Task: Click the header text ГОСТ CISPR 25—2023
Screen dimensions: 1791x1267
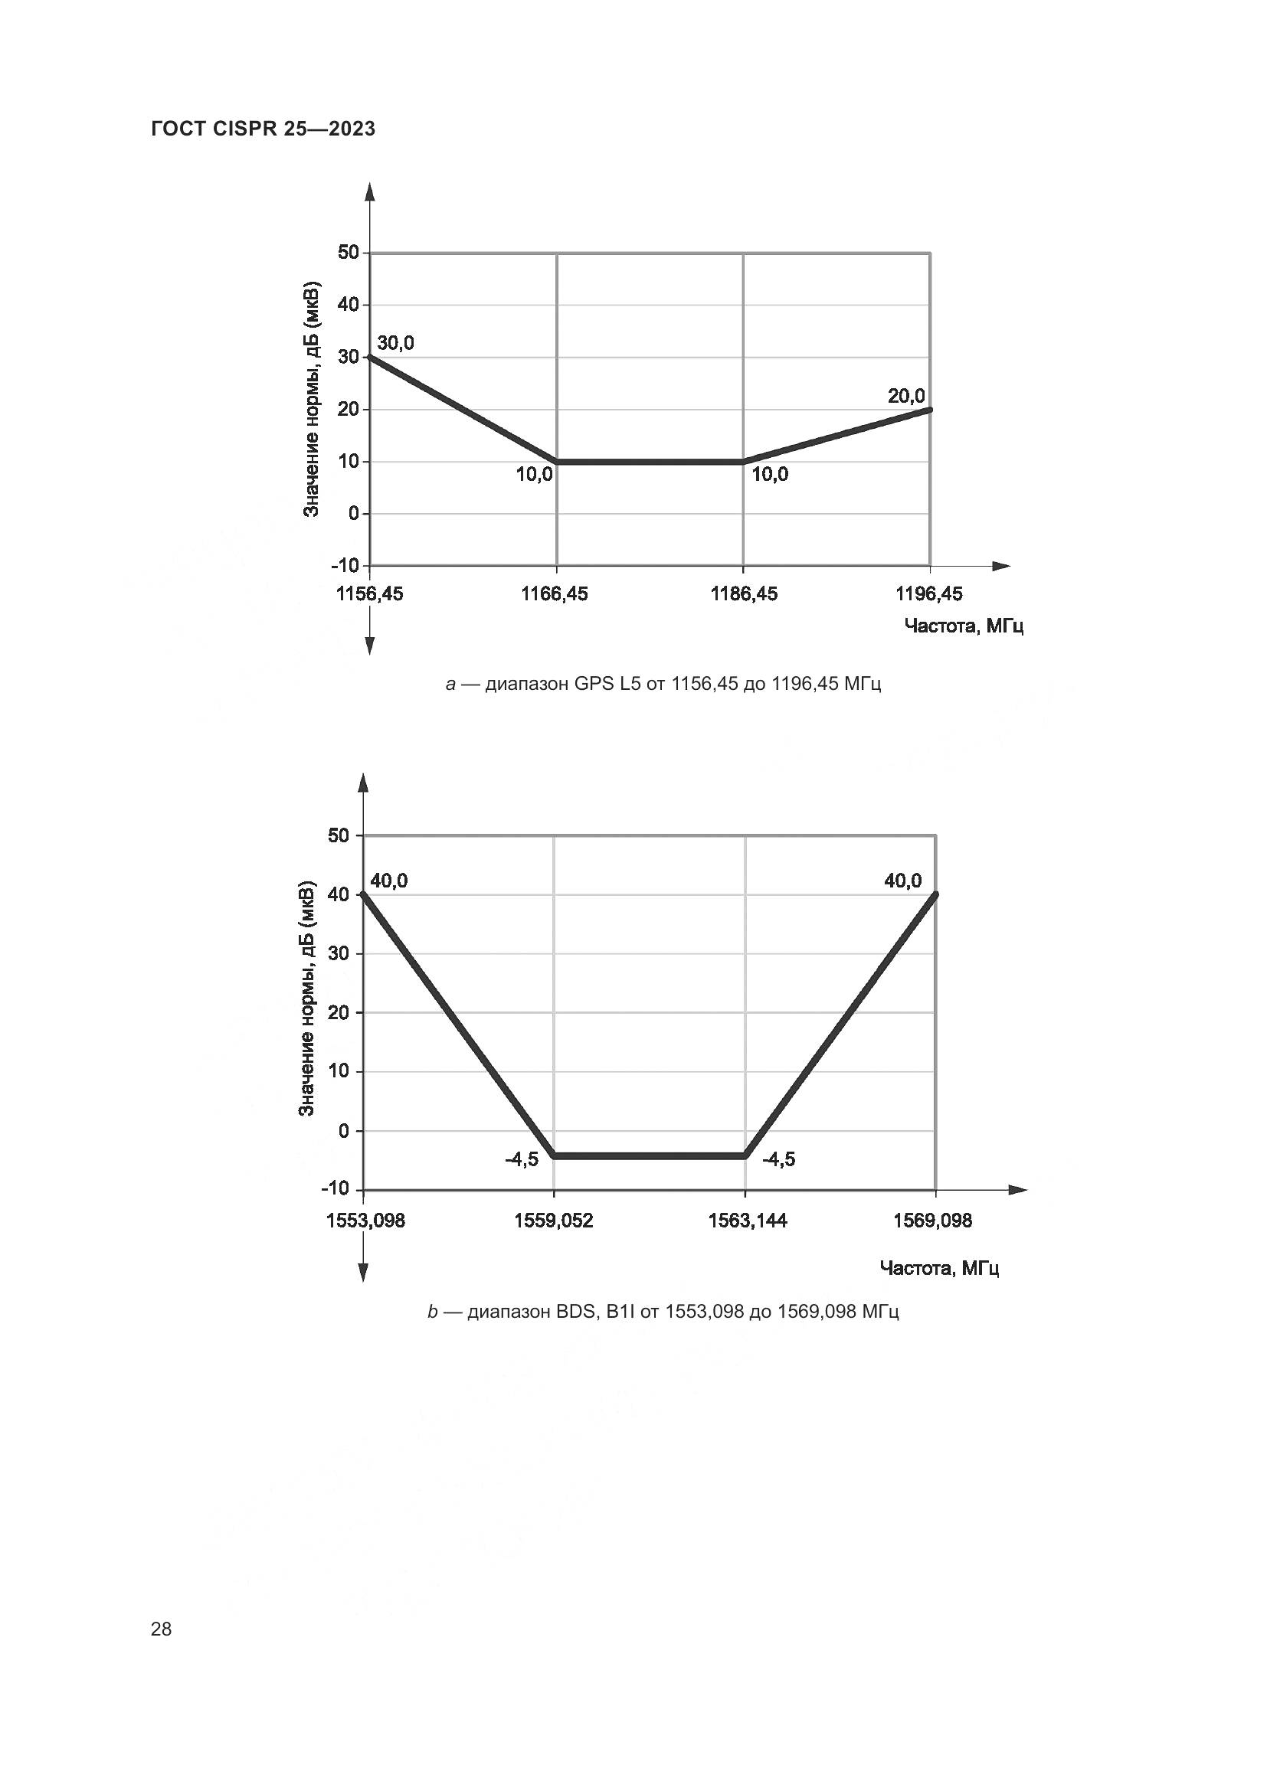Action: tap(263, 129)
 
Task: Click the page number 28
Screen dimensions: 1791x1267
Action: tap(161, 1629)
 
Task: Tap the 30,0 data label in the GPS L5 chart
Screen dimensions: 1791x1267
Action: tap(395, 343)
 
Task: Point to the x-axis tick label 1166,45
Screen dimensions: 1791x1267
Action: tap(555, 594)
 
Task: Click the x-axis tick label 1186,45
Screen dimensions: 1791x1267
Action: tap(744, 594)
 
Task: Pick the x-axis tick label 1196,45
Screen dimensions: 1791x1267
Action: tap(929, 594)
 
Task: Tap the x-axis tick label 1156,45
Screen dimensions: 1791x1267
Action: tap(370, 594)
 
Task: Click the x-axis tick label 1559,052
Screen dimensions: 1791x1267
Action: tap(553, 1221)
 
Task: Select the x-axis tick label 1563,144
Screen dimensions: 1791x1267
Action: tap(748, 1221)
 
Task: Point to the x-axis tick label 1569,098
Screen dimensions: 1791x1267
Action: tap(933, 1221)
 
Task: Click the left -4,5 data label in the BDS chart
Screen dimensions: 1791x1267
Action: tap(521, 1160)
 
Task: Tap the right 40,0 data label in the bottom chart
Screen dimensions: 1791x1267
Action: tap(902, 881)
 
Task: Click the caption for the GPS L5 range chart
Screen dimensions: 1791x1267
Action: tap(663, 685)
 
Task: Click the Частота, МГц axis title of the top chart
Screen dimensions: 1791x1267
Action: tap(964, 626)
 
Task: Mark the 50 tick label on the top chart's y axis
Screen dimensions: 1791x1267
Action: tap(348, 253)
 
